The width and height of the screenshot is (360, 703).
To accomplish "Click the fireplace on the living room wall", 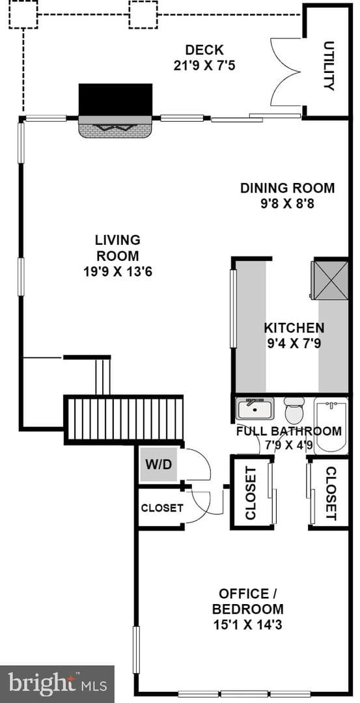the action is coord(116,111).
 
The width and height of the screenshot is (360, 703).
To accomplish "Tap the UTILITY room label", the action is coord(329,66).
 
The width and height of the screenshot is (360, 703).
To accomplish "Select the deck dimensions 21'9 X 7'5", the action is coord(204,66).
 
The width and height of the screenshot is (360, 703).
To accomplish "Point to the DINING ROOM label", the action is coord(287,188).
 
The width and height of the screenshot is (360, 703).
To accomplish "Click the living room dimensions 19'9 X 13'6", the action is coord(118,271).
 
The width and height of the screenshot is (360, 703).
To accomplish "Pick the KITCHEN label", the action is coord(294,327).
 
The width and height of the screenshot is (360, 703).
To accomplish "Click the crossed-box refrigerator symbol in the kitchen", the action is coord(329,280).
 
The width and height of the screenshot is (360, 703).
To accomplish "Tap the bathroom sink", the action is coord(255,408).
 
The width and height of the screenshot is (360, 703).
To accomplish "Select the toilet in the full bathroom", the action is coord(294,410).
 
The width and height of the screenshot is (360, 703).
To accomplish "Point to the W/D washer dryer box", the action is coord(158,464).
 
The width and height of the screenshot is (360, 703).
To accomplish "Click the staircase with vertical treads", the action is coord(124,419).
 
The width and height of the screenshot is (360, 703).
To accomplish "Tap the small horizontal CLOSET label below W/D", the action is coord(162,508).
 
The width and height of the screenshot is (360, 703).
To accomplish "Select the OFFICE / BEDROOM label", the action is coord(248,601).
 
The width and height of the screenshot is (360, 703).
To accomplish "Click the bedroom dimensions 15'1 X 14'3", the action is coord(248,624).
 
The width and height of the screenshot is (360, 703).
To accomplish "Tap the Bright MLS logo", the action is coord(57,684).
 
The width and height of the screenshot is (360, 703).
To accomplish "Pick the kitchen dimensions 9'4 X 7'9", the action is coord(294,344).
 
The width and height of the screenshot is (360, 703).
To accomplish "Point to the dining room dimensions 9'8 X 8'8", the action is coord(287,204).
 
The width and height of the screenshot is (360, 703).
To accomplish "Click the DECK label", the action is coord(204,49).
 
